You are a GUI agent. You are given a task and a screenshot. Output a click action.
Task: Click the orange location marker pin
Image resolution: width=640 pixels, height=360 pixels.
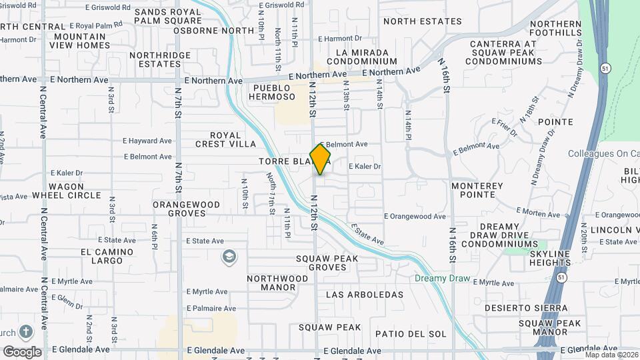[320, 158]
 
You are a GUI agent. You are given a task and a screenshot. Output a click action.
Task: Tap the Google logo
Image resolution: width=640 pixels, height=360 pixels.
[22, 352]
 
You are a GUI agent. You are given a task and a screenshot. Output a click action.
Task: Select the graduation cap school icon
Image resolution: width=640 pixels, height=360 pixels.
[229, 257]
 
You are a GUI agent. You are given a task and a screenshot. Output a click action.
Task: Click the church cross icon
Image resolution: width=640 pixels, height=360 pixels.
[25, 331]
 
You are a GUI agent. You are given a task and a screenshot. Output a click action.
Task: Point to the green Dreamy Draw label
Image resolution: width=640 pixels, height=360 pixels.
[442, 279]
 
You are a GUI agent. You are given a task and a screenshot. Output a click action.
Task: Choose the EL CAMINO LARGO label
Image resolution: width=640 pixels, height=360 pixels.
[102, 256]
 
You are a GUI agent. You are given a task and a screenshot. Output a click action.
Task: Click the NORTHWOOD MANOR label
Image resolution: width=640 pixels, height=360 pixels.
[277, 283]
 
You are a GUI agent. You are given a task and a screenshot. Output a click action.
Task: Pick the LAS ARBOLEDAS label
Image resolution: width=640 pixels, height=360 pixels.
[365, 294]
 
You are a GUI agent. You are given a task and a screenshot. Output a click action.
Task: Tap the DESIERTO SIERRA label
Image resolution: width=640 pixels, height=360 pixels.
[526, 308]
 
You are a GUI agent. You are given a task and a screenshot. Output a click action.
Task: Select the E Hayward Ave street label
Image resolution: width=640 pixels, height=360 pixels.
[147, 141]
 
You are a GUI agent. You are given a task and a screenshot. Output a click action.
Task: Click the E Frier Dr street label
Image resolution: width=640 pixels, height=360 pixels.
[504, 128]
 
